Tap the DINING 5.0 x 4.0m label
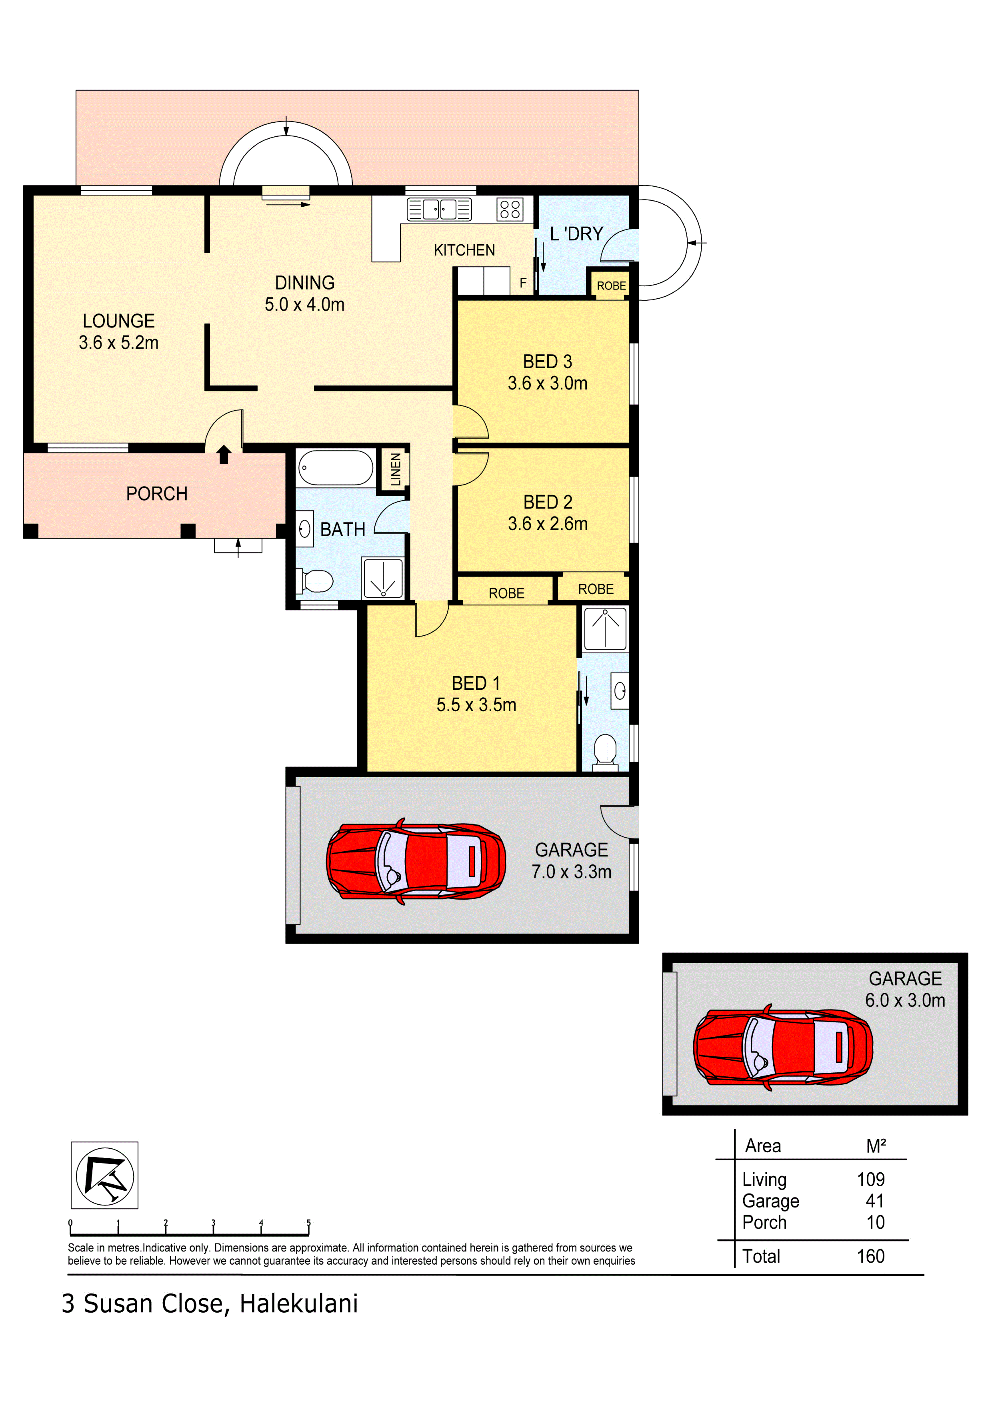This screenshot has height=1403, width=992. (x=304, y=293)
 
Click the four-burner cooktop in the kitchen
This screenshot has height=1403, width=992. (x=510, y=209)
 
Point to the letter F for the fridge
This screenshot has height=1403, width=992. (x=523, y=283)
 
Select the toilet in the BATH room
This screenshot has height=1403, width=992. (x=315, y=581)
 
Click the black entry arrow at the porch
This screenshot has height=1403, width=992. (x=224, y=455)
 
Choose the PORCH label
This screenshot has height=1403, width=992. (x=156, y=494)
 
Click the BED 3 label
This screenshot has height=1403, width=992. (x=548, y=362)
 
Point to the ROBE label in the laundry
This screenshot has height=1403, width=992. (x=611, y=286)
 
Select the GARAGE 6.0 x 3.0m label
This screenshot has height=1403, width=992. (x=905, y=989)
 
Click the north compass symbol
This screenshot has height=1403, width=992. (x=104, y=1175)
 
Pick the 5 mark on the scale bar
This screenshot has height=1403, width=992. (x=309, y=1223)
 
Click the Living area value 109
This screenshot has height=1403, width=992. (x=871, y=1179)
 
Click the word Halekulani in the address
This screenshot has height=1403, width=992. (x=299, y=1303)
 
